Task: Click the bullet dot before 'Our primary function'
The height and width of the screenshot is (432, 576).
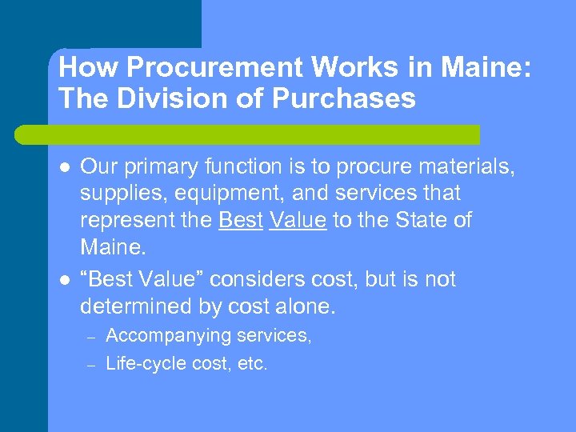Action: coord(64,167)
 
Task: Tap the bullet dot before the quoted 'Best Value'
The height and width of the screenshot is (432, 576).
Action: coord(64,280)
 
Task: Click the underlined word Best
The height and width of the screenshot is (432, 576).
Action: coord(240,221)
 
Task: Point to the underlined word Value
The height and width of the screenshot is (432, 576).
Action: coord(298,221)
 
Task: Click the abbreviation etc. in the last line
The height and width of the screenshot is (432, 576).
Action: coord(253,364)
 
